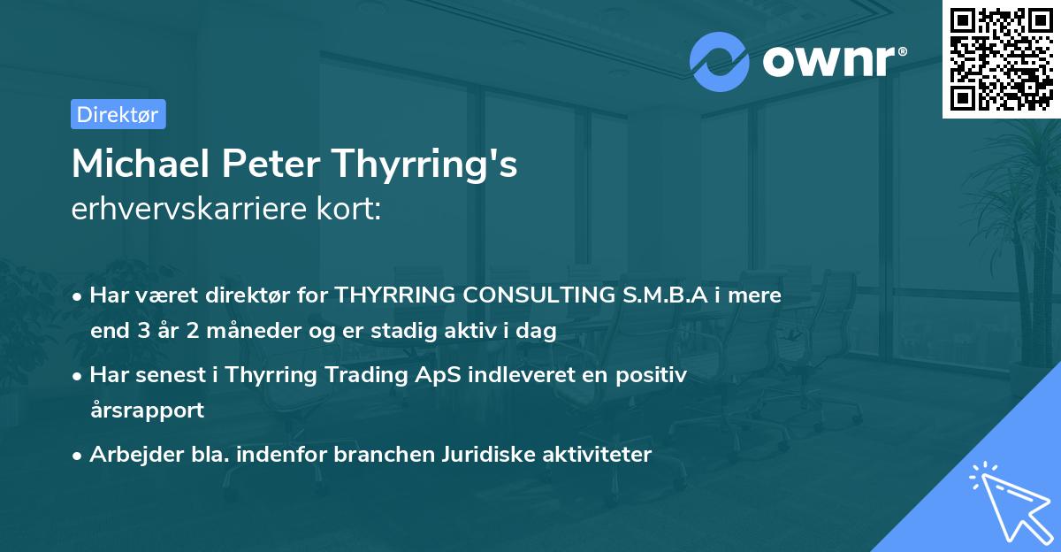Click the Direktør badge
pos(118,114)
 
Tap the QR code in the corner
pos(1001,58)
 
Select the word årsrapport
pos(147,410)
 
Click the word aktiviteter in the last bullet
pos(602,455)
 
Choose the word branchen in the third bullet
pos(384,455)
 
